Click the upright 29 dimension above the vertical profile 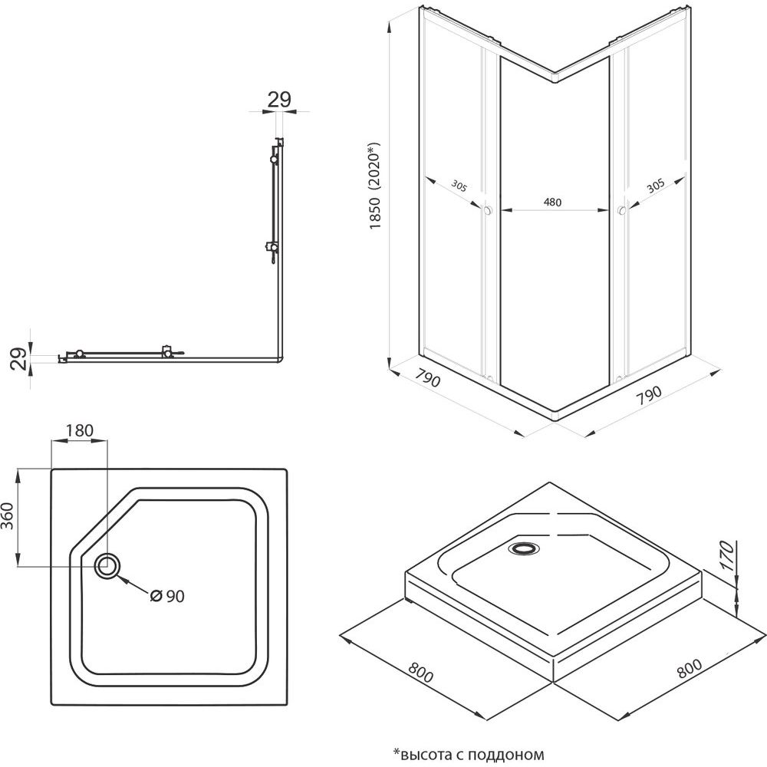pyautogui.click(x=279, y=99)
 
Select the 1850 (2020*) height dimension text pyautogui.click(x=375, y=186)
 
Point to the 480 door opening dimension pyautogui.click(x=553, y=202)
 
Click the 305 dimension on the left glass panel pyautogui.click(x=459, y=186)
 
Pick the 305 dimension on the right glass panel pyautogui.click(x=654, y=185)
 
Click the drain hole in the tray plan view pyautogui.click(x=107, y=567)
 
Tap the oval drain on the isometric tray pyautogui.click(x=524, y=548)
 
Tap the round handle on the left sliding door pyautogui.click(x=488, y=210)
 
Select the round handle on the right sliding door pyautogui.click(x=621, y=209)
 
